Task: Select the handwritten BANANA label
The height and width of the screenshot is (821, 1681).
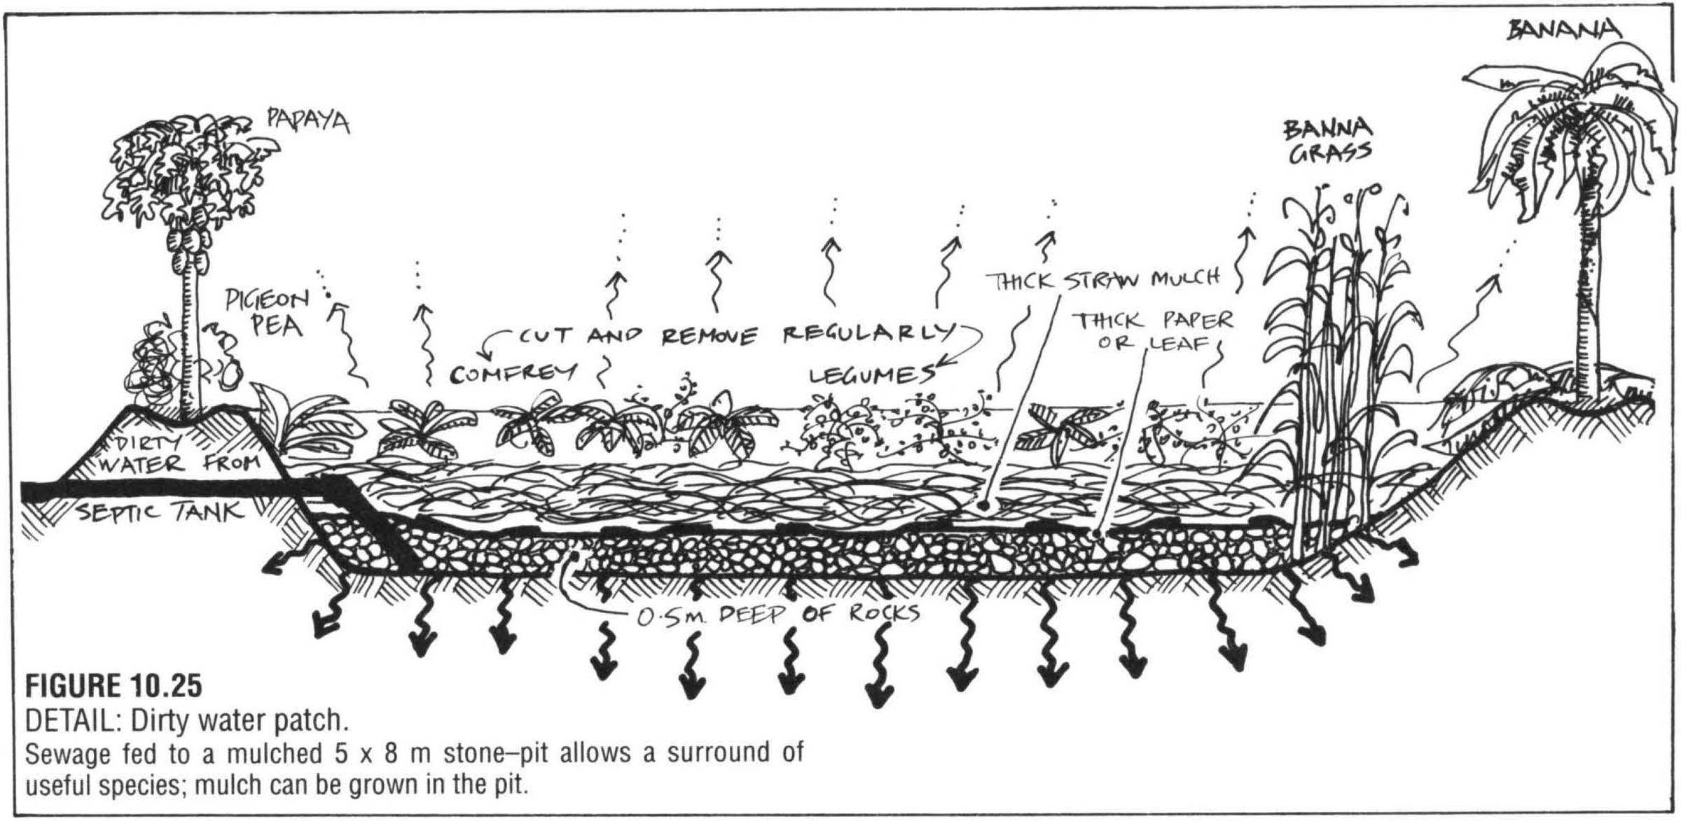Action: [1563, 29]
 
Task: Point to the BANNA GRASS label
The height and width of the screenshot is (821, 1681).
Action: [1327, 140]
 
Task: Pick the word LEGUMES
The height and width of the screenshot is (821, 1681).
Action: [872, 376]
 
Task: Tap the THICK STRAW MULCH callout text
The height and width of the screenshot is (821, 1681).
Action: [1103, 279]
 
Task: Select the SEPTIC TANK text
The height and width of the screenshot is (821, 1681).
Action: [161, 513]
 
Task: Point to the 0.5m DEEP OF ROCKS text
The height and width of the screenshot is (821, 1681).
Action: [777, 615]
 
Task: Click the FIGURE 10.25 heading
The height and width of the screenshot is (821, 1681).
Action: [113, 686]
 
